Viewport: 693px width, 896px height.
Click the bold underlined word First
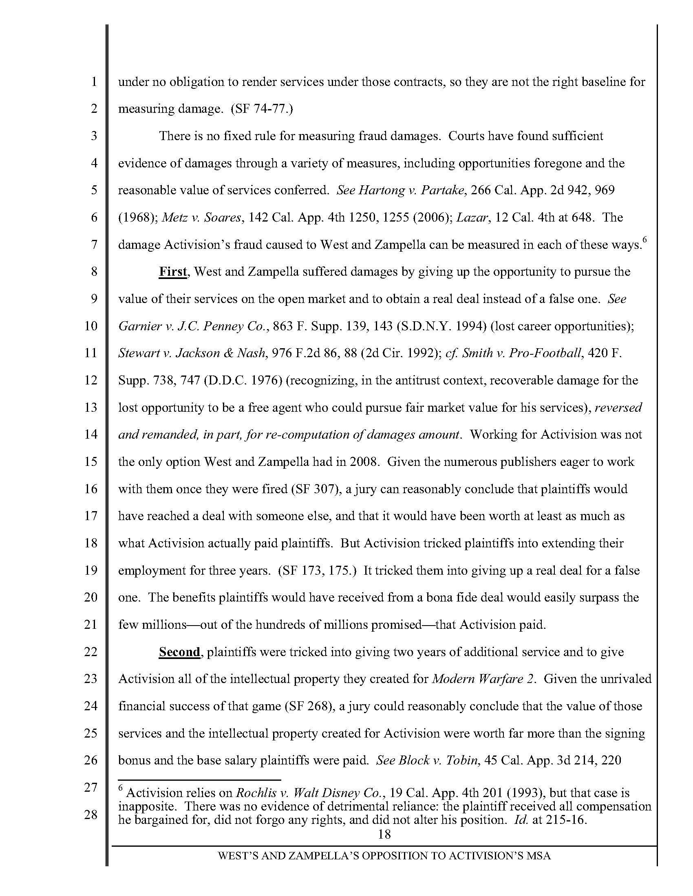coord(173,272)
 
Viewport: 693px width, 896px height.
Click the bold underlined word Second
coord(179,652)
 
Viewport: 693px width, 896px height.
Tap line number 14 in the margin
coord(90,435)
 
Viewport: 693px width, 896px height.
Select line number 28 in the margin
coord(90,815)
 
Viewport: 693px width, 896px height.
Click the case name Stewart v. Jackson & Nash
coord(192,354)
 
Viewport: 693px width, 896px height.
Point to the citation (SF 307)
coord(316,490)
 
